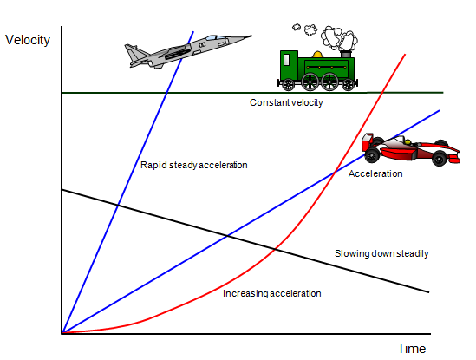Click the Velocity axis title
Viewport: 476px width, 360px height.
pyautogui.click(x=28, y=40)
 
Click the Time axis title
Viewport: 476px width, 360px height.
pyautogui.click(x=412, y=349)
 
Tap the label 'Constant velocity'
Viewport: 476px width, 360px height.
pyautogui.click(x=286, y=102)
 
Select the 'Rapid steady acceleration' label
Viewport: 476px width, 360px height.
pyautogui.click(x=194, y=165)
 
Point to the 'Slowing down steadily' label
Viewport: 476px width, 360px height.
pyautogui.click(x=381, y=253)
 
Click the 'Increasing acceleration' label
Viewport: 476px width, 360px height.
pyautogui.click(x=272, y=293)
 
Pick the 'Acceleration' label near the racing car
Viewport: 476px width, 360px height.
pyautogui.click(x=375, y=173)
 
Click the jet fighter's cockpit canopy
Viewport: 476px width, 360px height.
pyautogui.click(x=214, y=37)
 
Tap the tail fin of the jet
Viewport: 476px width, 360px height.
pyautogui.click(x=135, y=53)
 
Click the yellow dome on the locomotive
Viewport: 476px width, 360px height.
pyautogui.click(x=317, y=55)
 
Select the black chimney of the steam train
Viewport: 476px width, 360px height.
pyautogui.click(x=346, y=54)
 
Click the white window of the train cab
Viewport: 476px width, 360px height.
pyautogui.click(x=286, y=60)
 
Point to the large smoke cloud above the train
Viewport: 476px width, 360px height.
pyautogui.click(x=339, y=38)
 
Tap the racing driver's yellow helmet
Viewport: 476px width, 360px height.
pyautogui.click(x=408, y=142)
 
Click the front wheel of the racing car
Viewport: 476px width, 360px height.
pyautogui.click(x=440, y=158)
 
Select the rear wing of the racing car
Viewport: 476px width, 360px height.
pyautogui.click(x=367, y=142)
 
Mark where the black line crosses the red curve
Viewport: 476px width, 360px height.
pyautogui.click(x=276, y=250)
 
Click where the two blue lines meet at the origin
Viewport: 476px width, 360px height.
pyautogui.click(x=62, y=333)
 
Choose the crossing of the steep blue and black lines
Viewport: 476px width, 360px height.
pyautogui.click(x=118, y=206)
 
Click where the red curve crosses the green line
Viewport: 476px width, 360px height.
pyautogui.click(x=382, y=92)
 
